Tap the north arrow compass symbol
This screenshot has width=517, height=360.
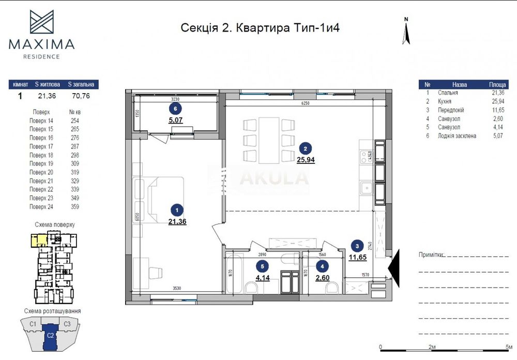coord(406,32)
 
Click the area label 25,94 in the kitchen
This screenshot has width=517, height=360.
coord(306,160)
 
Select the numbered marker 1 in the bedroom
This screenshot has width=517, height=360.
coord(177,210)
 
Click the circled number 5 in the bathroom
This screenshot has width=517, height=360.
coord(263,266)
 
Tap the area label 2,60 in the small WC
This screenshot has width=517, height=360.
coord(323,278)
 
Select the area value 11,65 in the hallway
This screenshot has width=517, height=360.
coord(356,257)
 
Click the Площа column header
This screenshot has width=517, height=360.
coord(497,84)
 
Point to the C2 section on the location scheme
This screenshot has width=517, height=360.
coord(50,335)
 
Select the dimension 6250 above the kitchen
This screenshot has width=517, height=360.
coord(306,103)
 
